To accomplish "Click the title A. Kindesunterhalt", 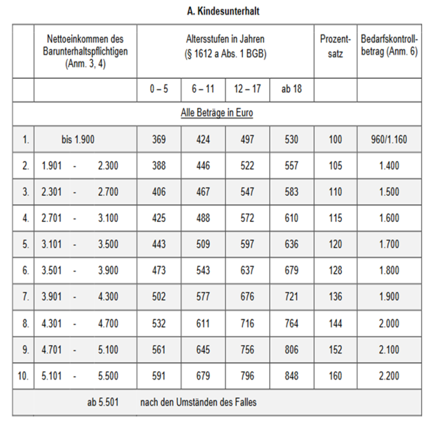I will [223, 11].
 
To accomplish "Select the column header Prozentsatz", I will [335, 46].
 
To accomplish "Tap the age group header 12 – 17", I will [247, 89].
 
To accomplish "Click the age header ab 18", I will [291, 89].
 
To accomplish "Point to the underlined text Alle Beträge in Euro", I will [217, 113].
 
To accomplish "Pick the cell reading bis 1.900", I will [78, 139].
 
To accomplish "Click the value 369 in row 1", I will [159, 139].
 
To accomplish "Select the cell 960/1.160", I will [389, 139].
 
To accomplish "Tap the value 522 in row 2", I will [247, 166].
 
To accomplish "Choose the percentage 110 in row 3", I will [335, 192].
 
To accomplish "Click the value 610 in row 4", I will [291, 218].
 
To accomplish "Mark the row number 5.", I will [25, 244].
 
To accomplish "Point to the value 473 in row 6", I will [159, 271].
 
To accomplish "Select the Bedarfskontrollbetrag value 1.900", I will [389, 297].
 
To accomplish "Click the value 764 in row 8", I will [291, 323].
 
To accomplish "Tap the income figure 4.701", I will [51, 350].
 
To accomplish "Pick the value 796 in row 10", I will [247, 376].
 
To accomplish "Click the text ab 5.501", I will [103, 402].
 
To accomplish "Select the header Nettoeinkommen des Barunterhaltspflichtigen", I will [85, 51].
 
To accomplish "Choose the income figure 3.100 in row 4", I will [108, 218].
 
